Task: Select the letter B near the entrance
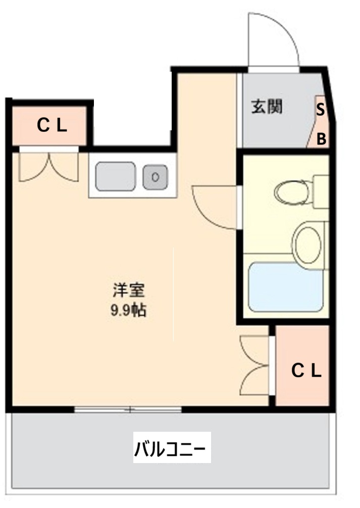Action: pyautogui.click(x=321, y=139)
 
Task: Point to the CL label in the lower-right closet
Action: pyautogui.click(x=306, y=371)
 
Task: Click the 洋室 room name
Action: pyautogui.click(x=129, y=291)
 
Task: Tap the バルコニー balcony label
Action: pyautogui.click(x=172, y=447)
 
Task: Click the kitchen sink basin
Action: pyautogui.click(x=115, y=176)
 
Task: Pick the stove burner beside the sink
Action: pyautogui.click(x=155, y=177)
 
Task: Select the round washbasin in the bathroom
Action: pyautogui.click(x=306, y=244)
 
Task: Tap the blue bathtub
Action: pyautogui.click(x=285, y=286)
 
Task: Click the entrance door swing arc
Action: pyautogui.click(x=273, y=38)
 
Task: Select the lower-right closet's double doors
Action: pyautogui.click(x=255, y=366)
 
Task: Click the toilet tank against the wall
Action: pyautogui.click(x=320, y=191)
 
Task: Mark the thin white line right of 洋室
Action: pyautogui.click(x=173, y=293)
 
